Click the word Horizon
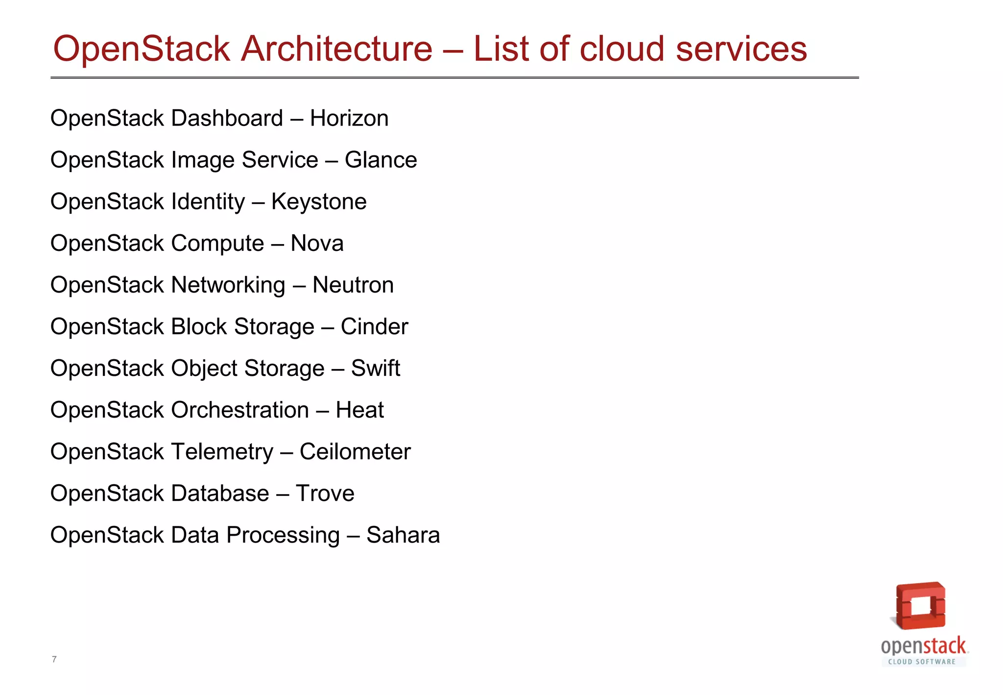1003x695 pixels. [x=349, y=119]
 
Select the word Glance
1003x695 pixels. [x=381, y=160]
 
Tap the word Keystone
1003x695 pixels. [x=319, y=202]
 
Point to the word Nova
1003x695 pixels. [x=317, y=244]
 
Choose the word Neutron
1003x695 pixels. [x=353, y=285]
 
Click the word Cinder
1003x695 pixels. [x=374, y=327]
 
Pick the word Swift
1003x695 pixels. [x=376, y=369]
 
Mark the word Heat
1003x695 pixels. [x=359, y=410]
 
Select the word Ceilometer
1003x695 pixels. [x=355, y=452]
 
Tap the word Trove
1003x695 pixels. [x=325, y=494]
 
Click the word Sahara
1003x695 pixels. [x=403, y=535]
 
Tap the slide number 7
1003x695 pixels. [x=54, y=659]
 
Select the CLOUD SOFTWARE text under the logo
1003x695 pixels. [x=922, y=662]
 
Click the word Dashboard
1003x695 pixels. [x=227, y=119]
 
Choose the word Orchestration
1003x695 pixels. [x=240, y=410]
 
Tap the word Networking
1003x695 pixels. [x=228, y=285]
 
